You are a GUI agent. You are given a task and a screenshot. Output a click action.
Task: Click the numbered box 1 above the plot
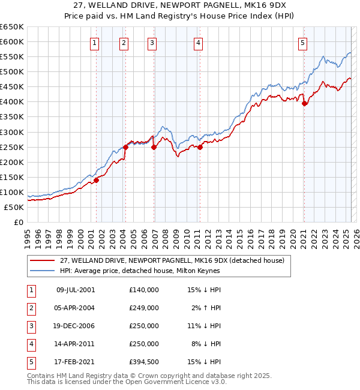coord(95,43)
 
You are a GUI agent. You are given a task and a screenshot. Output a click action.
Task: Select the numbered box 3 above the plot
coord(152,43)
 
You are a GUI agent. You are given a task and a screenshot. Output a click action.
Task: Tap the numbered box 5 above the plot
coord(302,43)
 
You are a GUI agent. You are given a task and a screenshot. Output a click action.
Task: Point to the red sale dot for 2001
coord(96,180)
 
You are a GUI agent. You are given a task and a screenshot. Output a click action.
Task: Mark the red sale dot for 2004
coord(125,147)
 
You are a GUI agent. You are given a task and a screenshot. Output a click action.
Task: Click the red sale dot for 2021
coord(305,103)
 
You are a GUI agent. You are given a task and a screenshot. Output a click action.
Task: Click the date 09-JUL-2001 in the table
coord(76,290)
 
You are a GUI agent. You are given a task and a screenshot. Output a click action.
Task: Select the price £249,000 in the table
coord(144,308)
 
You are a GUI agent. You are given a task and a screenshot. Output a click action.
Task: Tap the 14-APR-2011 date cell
coord(76,344)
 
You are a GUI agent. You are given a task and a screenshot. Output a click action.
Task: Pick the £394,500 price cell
coord(144,362)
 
